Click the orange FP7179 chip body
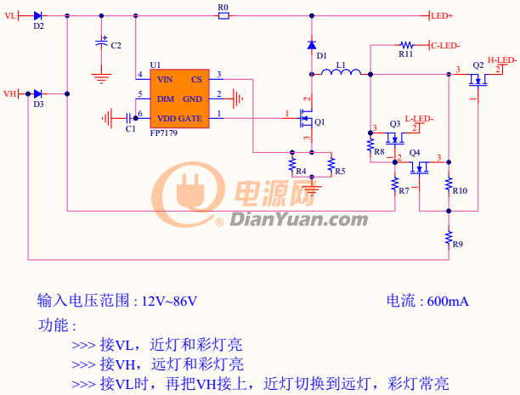pyautogui.click(x=179, y=99)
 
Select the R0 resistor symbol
pyautogui.click(x=223, y=15)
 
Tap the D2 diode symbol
pyautogui.click(x=37, y=15)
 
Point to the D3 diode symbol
pyautogui.click(x=37, y=93)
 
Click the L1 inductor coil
pyautogui.click(x=341, y=71)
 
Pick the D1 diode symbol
pyautogui.click(x=312, y=45)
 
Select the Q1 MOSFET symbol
pyautogui.click(x=305, y=118)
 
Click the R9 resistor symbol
pyautogui.click(x=449, y=238)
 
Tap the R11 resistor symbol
pyautogui.click(x=407, y=45)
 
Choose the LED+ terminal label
pyautogui.click(x=442, y=16)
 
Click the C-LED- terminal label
pyautogui.click(x=445, y=46)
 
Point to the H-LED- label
pyautogui.click(x=502, y=60)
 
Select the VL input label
pyautogui.click(x=10, y=15)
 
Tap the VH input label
pyautogui.click(x=10, y=93)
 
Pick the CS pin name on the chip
pyautogui.click(x=196, y=80)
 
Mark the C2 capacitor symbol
pyautogui.click(x=101, y=42)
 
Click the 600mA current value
pyautogui.click(x=448, y=302)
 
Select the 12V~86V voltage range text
pyautogui.click(x=169, y=302)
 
